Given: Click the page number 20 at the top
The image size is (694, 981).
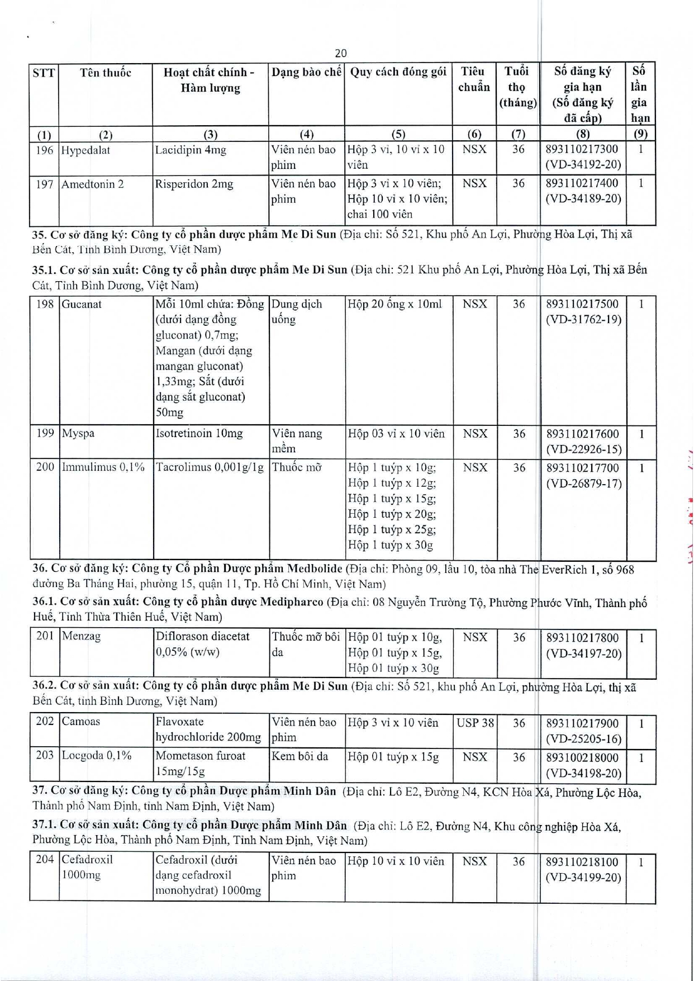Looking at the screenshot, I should coord(340,53).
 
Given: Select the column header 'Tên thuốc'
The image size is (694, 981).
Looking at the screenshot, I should coord(105,73).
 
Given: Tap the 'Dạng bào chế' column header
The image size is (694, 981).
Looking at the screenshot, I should coord(306,72).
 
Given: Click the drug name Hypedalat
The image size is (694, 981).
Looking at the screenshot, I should coord(85,150).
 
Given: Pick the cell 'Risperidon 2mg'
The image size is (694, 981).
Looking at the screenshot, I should coord(194,184).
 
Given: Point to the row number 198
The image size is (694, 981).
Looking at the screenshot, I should coord(45,304).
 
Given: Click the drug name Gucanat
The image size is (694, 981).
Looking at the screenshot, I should coord(82,305).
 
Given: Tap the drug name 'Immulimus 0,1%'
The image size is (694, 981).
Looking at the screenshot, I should coord(103,467).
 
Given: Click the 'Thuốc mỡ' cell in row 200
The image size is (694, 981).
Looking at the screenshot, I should coord(297,468).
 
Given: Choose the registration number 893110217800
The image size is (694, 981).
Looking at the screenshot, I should coord(582,638).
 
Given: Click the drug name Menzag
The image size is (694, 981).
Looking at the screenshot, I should coord(82,636).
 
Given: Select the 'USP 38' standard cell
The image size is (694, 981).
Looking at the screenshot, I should coord(475,723).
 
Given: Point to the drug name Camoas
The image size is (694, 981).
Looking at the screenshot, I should coord(81,722).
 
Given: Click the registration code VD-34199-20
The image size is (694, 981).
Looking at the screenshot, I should coord(583,878).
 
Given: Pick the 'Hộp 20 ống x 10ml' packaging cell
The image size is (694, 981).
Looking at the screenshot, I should coord(394,304).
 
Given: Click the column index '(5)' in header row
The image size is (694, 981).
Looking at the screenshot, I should coord(398,134).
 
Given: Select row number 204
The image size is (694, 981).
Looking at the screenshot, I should coord(45,860).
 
